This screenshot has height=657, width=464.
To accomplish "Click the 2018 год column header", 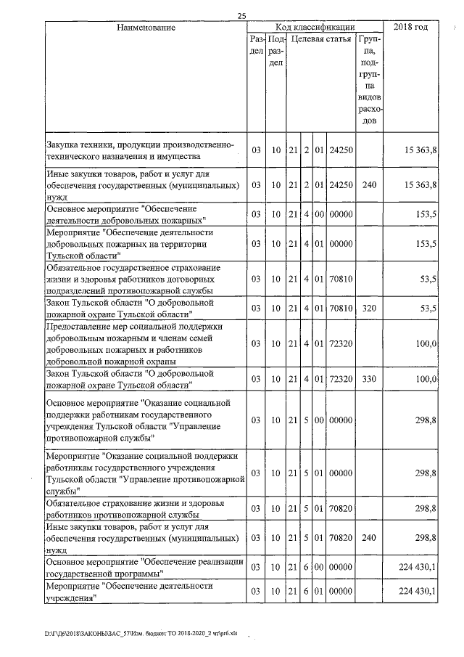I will point(410,28).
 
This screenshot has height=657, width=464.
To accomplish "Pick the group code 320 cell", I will point(369,309).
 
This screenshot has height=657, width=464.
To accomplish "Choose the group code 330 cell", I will point(369,379).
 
